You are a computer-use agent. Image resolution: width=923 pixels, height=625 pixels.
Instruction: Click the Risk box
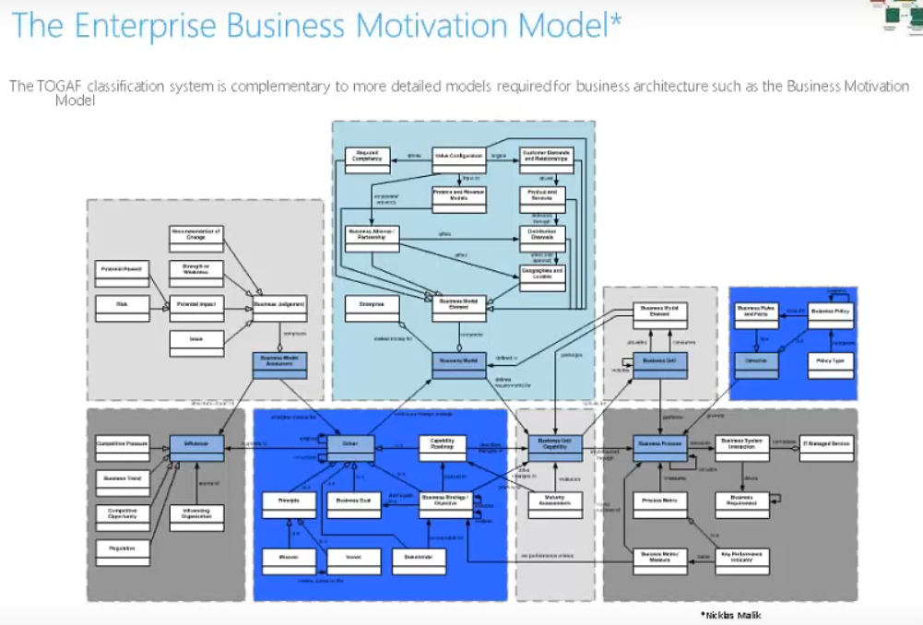tap(122, 302)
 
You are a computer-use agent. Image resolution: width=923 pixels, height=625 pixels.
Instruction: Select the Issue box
tap(195, 341)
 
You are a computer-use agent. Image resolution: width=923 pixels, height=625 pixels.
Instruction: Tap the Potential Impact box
tap(195, 302)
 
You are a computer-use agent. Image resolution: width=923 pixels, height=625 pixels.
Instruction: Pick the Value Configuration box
tap(460, 156)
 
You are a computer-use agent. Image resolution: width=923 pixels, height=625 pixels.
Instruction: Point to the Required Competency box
tap(368, 156)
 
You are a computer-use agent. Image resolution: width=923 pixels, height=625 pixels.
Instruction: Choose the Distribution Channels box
tap(541, 234)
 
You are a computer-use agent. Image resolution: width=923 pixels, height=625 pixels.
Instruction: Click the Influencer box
tap(196, 445)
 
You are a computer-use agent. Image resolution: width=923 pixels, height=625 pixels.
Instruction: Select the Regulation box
tap(122, 549)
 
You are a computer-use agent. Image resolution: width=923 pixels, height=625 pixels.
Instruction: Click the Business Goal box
tap(350, 501)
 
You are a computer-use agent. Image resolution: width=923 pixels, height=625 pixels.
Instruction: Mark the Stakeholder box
tap(418, 557)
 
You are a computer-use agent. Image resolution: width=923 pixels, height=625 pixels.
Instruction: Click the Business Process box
tap(657, 445)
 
